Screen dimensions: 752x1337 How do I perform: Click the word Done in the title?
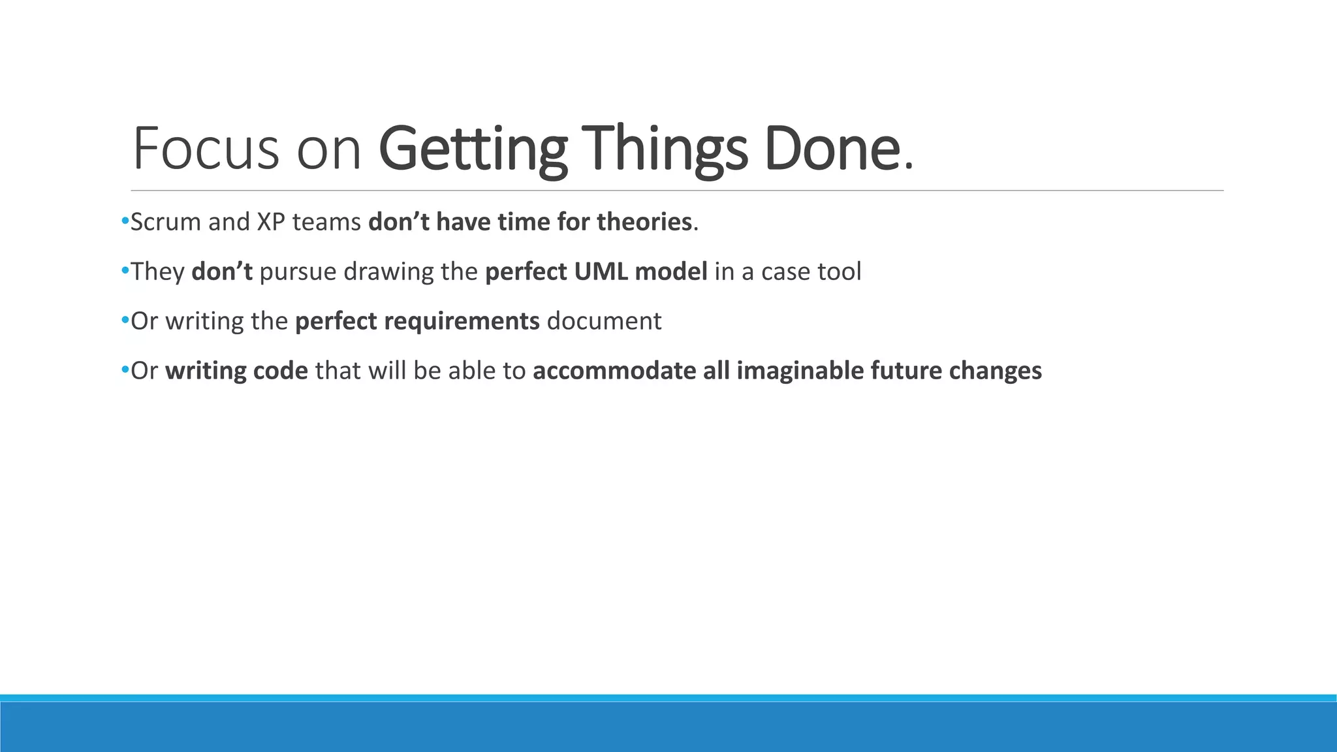[x=831, y=149]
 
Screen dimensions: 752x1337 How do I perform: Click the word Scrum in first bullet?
[x=166, y=223]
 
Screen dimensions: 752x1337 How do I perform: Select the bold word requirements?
[x=462, y=322]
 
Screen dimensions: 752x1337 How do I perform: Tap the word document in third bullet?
[x=604, y=322]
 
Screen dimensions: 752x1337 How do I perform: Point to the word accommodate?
[x=614, y=371]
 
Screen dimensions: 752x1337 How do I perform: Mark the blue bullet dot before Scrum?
[x=125, y=222]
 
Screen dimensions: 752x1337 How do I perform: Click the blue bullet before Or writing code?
[x=125, y=371]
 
